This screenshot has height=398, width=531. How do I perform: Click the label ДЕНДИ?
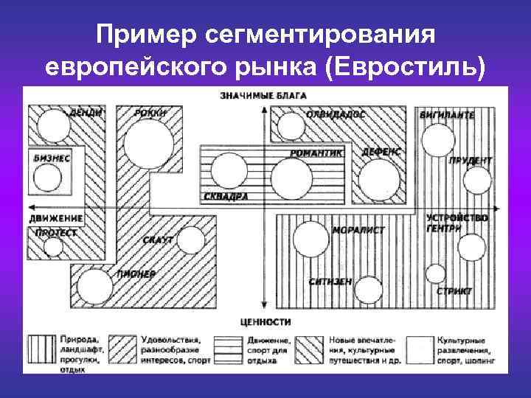point(85,114)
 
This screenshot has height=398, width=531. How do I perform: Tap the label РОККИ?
point(150,114)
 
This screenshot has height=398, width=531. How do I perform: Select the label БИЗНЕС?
point(52,157)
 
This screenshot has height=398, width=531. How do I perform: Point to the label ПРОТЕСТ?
point(54,233)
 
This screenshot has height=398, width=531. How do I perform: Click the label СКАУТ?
point(158,240)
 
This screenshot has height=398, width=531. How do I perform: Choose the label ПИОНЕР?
point(136,274)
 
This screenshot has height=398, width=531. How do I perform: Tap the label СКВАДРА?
point(224,197)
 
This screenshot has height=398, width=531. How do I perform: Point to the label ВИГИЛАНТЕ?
point(447,115)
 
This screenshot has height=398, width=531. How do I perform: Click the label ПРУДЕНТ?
point(471,160)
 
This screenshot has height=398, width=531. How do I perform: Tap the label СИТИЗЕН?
point(330,282)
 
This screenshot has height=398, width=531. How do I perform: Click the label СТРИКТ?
point(454,291)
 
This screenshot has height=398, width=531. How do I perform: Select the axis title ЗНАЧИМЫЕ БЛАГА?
point(263,95)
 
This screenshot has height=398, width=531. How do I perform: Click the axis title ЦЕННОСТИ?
point(265,321)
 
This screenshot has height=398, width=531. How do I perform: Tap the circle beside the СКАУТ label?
point(190,240)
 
